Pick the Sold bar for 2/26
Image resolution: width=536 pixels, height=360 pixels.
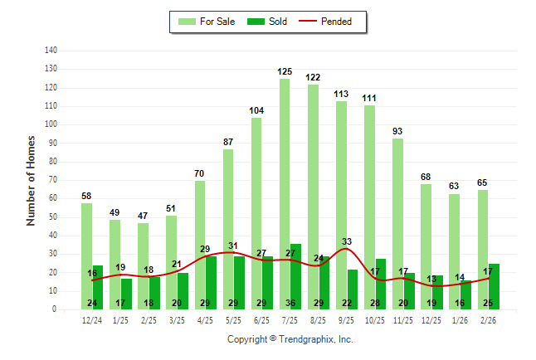[494, 286]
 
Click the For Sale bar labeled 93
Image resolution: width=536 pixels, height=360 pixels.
[398, 223]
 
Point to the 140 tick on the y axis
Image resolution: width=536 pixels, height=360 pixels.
[51, 51]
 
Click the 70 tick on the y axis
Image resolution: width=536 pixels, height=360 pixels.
[53, 180]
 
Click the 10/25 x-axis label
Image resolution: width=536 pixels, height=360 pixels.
[375, 320]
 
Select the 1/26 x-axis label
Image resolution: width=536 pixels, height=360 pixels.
[460, 320]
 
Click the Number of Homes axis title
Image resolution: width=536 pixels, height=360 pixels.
[31, 180]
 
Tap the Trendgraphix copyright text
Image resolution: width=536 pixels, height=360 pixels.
[290, 339]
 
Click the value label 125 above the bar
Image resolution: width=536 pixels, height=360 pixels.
[285, 72]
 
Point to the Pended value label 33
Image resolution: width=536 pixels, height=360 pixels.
[347, 241]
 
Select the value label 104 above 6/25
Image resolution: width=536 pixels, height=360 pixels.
[256, 110]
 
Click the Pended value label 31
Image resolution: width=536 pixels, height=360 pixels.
[234, 246]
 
